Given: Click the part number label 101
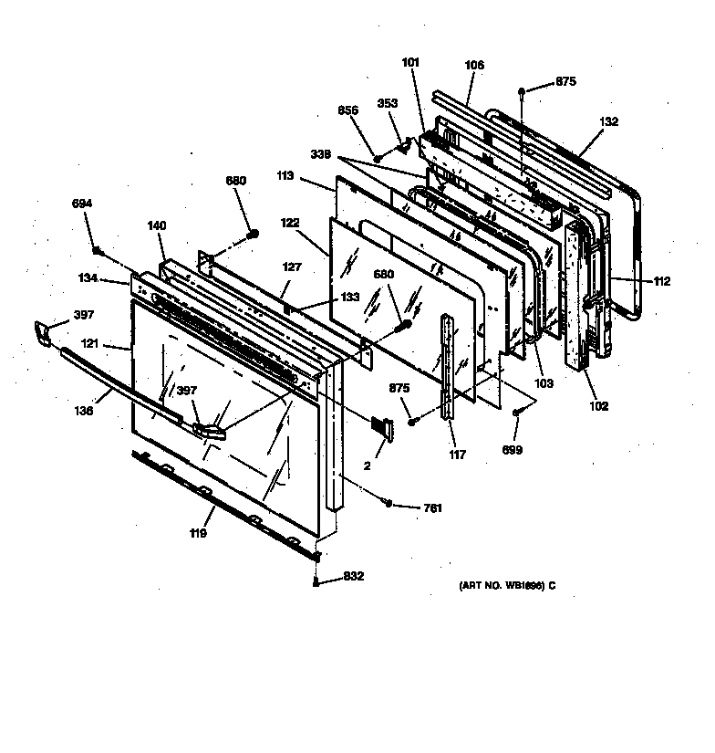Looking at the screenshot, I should pos(409,63).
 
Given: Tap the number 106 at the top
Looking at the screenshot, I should pos(473,65).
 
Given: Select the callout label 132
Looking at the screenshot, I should pos(609,121).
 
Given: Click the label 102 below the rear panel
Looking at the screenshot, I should pos(597,406).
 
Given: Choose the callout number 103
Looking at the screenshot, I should pos(544,383).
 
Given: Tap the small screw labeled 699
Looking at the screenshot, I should pos(516,414).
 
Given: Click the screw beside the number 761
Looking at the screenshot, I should pos(389,503).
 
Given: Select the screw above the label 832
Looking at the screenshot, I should pos(316,557).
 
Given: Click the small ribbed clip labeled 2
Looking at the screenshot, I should pos(381,426).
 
